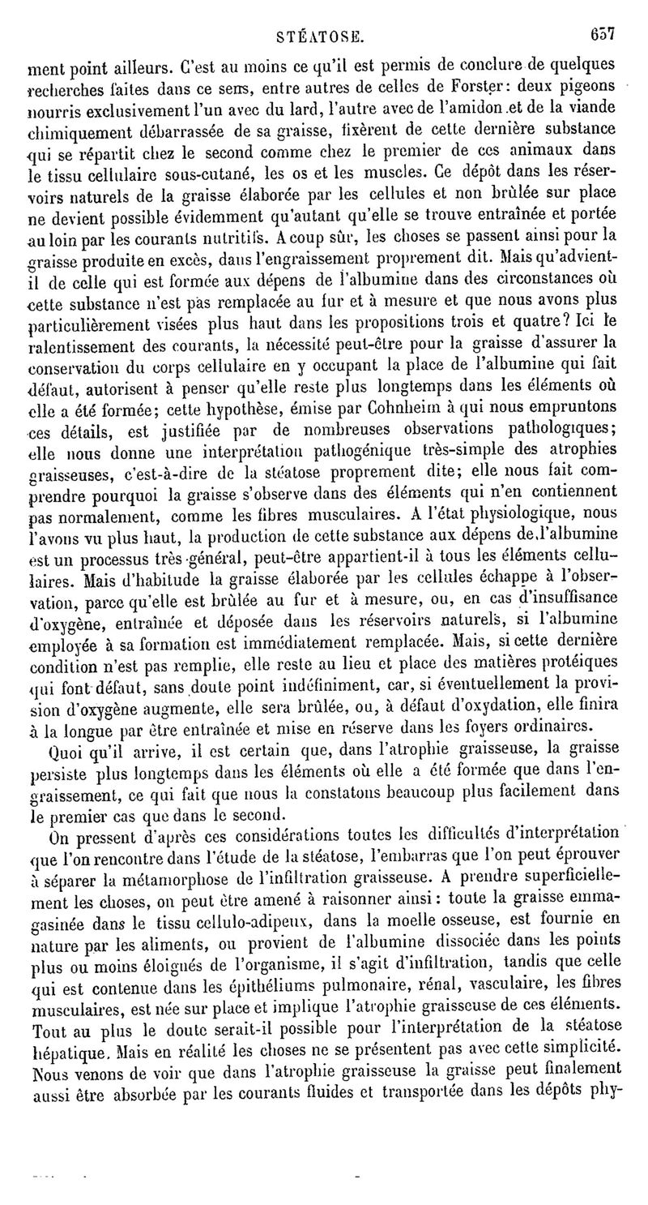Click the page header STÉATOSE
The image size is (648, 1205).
321,36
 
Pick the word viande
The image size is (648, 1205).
594,108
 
